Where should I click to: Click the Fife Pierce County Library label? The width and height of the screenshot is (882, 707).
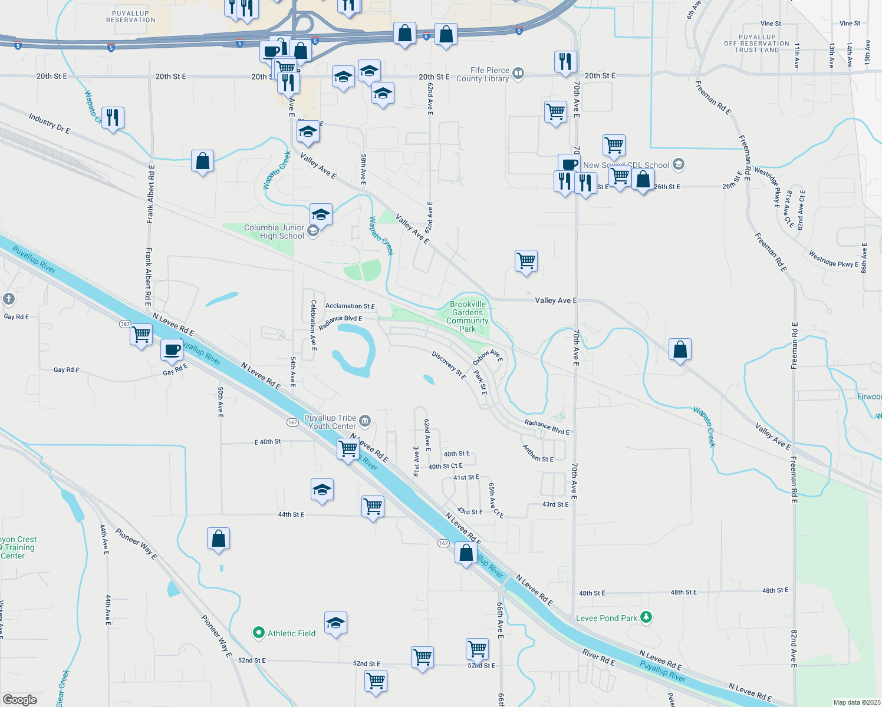tap(483, 74)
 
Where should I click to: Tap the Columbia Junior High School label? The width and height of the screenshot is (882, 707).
tap(274, 232)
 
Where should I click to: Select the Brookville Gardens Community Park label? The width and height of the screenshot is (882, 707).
tap(468, 316)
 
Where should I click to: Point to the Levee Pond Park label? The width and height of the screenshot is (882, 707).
tap(607, 618)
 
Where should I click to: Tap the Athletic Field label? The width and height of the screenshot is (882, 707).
tap(291, 633)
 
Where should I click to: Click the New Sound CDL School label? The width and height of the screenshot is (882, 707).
tap(626, 165)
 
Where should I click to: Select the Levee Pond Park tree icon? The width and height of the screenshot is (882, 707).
tap(647, 617)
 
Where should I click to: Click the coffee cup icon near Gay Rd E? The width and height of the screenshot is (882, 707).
tap(172, 349)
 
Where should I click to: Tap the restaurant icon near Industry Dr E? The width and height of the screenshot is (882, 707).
tap(112, 117)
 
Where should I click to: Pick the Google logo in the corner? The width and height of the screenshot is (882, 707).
tap(19, 700)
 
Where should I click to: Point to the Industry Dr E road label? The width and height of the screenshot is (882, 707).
tap(50, 123)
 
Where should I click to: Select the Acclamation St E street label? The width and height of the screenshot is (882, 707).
tap(350, 306)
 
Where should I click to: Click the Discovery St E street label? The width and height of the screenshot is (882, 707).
tap(449, 365)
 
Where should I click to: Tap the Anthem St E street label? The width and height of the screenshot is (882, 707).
tap(538, 453)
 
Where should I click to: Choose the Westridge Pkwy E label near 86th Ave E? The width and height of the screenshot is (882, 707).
tap(831, 259)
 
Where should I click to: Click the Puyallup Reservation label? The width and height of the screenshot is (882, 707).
tap(131, 16)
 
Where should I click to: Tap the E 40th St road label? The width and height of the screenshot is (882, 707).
tap(268, 441)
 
